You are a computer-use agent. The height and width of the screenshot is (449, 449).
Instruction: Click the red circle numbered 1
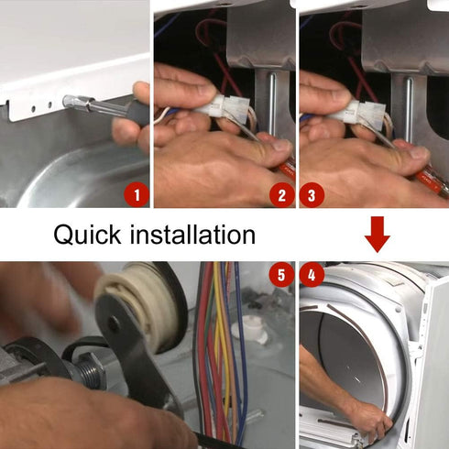(137, 195)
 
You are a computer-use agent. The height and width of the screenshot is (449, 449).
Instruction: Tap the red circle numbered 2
(281, 195)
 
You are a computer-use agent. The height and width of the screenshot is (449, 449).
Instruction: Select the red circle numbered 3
(312, 195)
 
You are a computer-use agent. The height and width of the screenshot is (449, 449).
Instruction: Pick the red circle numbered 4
(312, 275)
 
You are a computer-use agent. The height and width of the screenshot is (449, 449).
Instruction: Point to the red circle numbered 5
(281, 275)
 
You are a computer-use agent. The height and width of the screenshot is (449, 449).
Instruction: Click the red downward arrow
(378, 235)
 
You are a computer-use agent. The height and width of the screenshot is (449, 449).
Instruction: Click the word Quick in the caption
(87, 235)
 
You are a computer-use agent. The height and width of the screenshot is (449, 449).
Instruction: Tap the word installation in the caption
(192, 235)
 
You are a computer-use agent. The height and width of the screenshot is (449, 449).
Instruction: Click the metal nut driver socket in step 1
(79, 102)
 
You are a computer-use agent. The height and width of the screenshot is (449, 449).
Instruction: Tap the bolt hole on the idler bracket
(114, 324)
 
